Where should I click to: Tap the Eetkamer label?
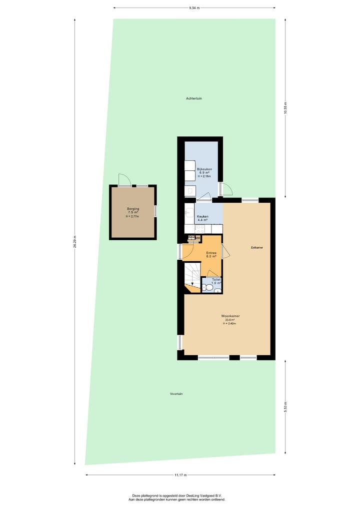tap(257, 248)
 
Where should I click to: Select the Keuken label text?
tap(202, 217)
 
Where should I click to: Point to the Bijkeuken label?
tap(204, 169)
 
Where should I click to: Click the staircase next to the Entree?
tap(192, 279)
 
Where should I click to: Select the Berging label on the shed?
tap(132, 208)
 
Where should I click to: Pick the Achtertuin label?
tap(193, 98)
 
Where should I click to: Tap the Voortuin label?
tap(176, 394)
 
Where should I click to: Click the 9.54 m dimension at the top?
tap(194, 8)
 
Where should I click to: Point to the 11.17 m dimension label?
tap(180, 475)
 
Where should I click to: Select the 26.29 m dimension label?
tap(75, 242)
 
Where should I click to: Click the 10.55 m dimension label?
tap(285, 108)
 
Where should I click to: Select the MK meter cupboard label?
tap(197, 238)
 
